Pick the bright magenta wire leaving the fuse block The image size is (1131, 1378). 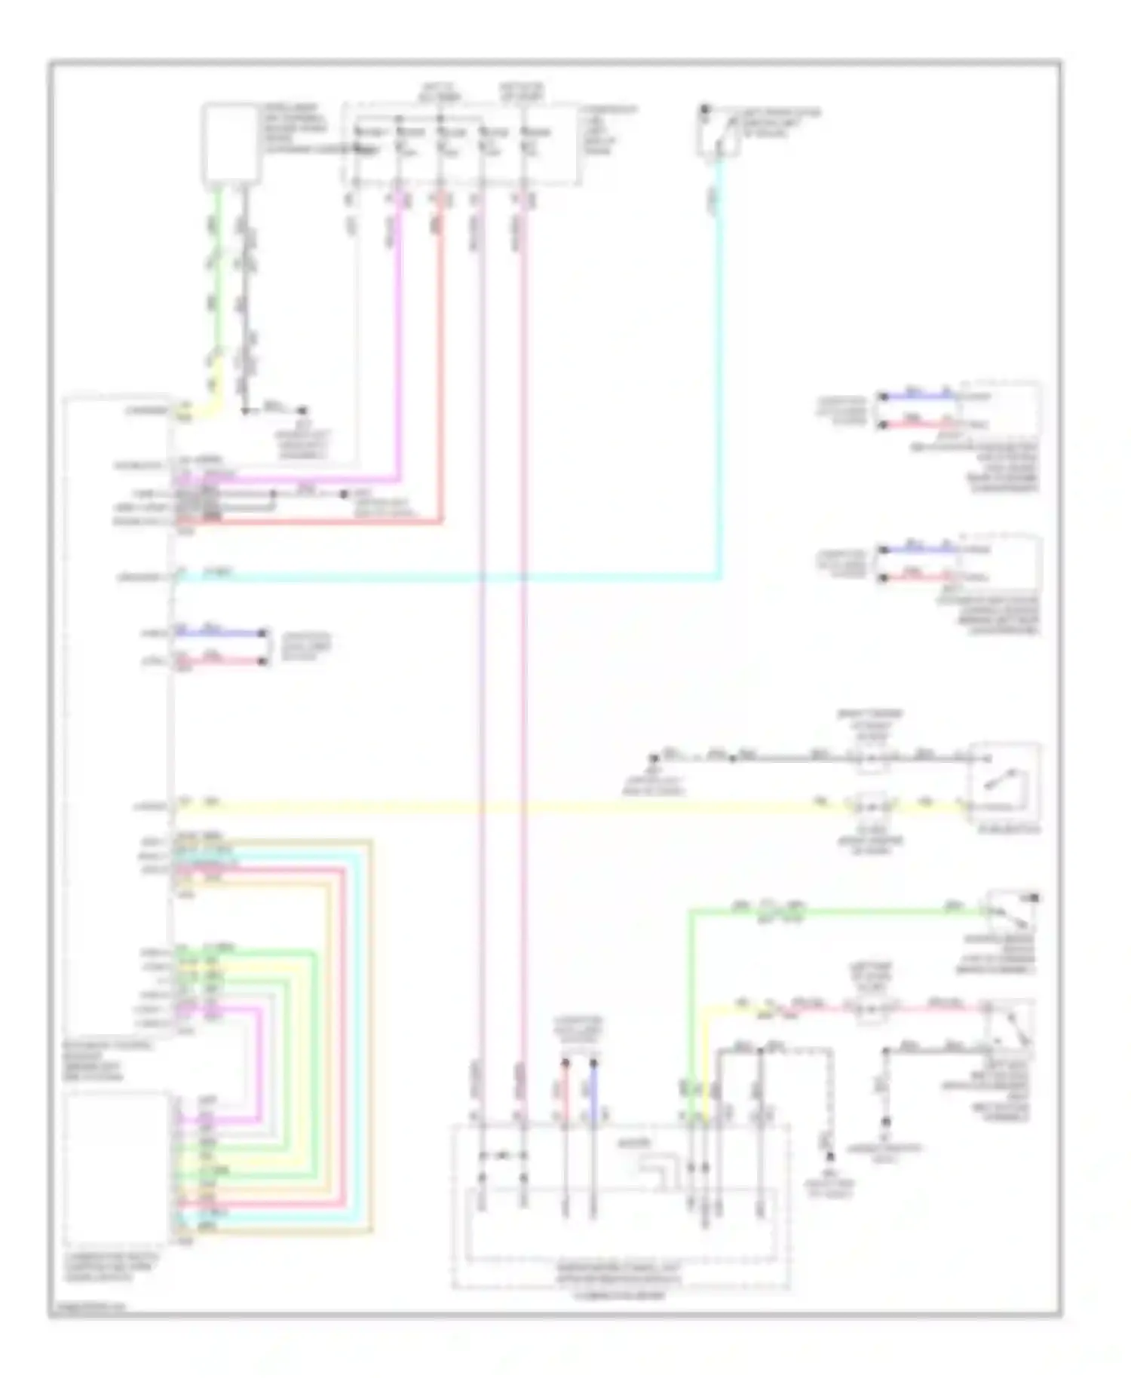pos(398,339)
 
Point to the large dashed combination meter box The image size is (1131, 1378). pos(620,1206)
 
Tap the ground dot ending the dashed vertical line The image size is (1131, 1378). pos(829,1156)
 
